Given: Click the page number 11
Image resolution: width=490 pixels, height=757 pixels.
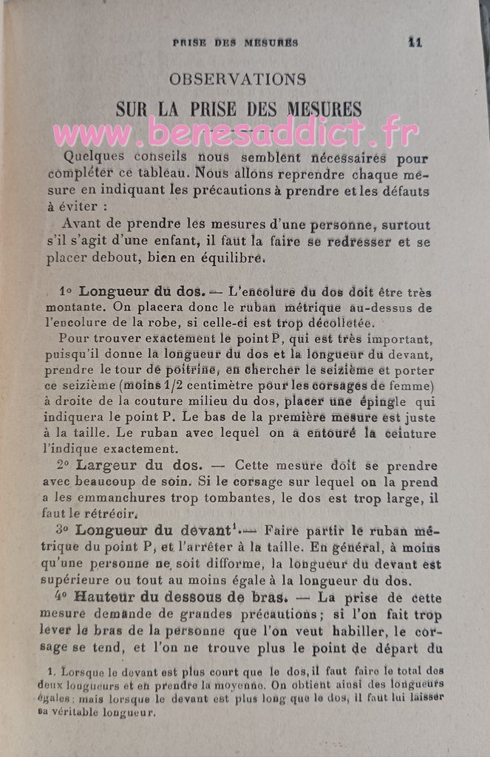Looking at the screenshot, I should [x=415, y=42].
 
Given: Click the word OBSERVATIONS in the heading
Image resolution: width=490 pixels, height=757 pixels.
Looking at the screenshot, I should [x=237, y=78].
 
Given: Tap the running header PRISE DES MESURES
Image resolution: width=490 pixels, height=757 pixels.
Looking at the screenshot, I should [x=235, y=43].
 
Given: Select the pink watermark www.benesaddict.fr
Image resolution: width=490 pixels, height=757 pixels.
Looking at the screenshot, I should [x=235, y=132].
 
